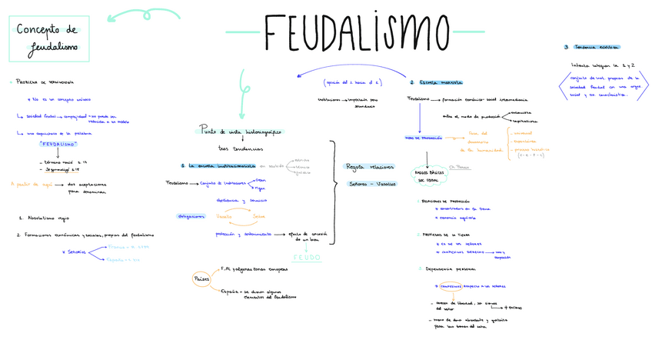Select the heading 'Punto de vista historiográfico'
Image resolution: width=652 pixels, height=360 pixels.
240,132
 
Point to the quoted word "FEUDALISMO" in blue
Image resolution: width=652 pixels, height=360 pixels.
58,144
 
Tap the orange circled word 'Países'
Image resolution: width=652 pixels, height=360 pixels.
201,278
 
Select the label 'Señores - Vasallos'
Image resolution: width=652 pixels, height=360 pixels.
372,184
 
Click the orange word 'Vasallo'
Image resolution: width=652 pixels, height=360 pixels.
228,216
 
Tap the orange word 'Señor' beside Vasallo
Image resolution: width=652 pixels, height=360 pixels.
259,216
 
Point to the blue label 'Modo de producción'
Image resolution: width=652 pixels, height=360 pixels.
423,138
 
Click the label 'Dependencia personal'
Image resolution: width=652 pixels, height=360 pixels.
450,269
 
